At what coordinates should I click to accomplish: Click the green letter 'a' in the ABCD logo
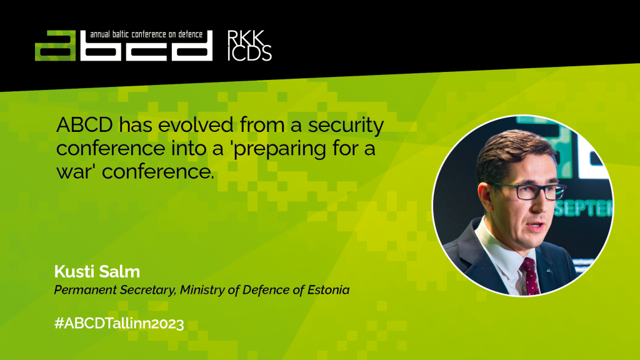point(55,46)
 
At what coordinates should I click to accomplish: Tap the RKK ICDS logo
point(249,45)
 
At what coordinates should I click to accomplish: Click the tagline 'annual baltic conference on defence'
point(146,35)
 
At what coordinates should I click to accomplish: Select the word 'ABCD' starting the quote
point(84,124)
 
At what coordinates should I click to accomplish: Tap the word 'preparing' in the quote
point(279,149)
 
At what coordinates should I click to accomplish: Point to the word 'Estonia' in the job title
point(328,290)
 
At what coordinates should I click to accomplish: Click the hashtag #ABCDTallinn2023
point(119,324)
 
